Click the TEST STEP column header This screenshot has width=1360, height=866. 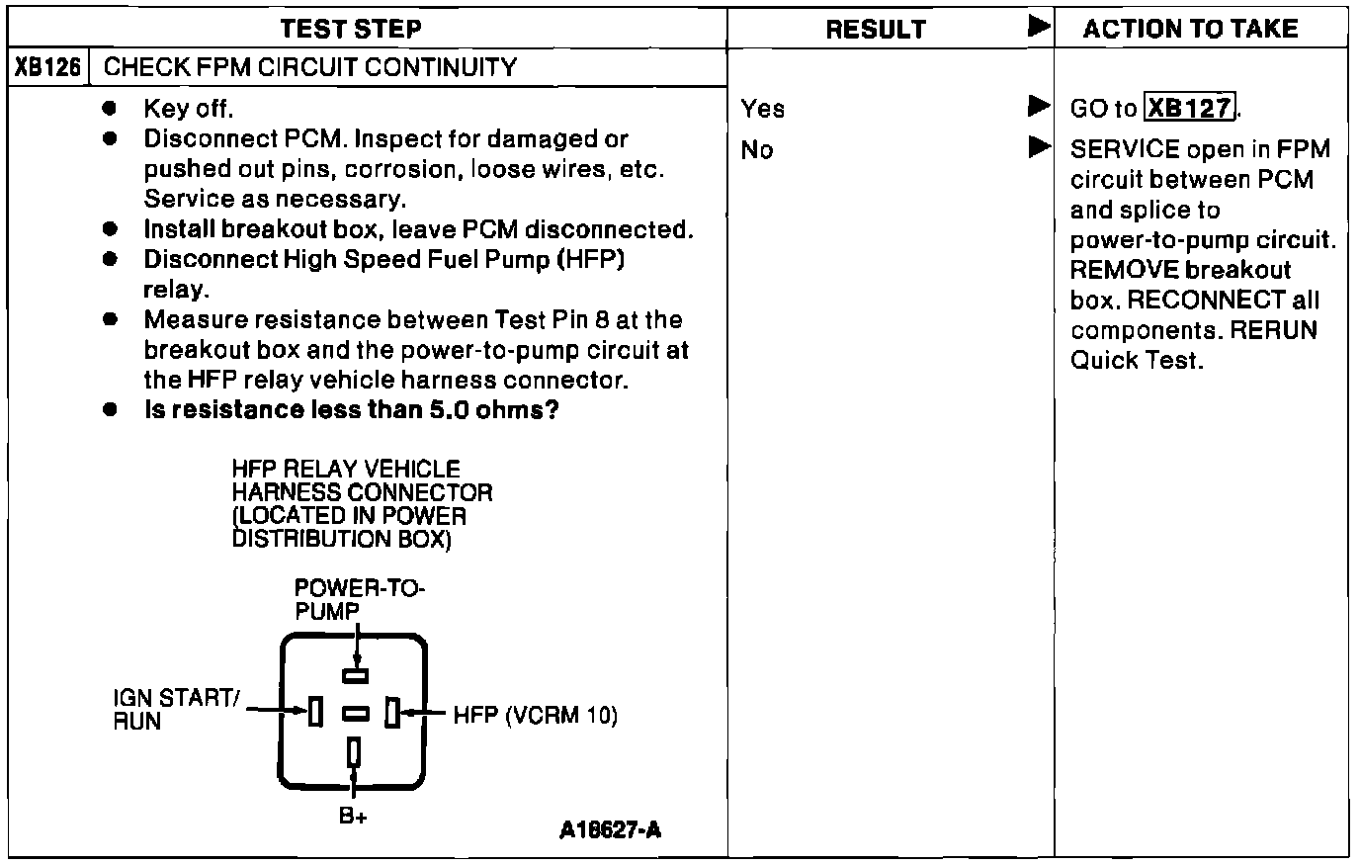[x=351, y=29]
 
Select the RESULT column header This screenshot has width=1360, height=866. [x=876, y=30]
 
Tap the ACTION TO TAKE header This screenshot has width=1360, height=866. [x=1190, y=29]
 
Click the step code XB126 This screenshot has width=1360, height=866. [x=48, y=68]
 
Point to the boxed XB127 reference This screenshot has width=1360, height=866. [x=1190, y=108]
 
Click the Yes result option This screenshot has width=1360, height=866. [x=763, y=109]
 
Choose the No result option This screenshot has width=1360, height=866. [x=757, y=150]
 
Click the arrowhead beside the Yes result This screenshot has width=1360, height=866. [x=1038, y=105]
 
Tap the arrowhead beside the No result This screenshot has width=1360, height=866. [x=1038, y=147]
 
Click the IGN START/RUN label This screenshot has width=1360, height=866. [x=175, y=709]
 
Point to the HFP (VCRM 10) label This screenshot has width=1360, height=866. [x=536, y=715]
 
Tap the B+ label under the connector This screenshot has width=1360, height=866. [x=353, y=817]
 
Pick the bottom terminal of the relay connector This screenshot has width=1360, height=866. [x=354, y=752]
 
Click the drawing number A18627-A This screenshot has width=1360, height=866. [x=610, y=829]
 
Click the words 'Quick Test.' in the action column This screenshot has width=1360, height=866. [x=1137, y=360]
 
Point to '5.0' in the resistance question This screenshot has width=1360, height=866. [x=450, y=409]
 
